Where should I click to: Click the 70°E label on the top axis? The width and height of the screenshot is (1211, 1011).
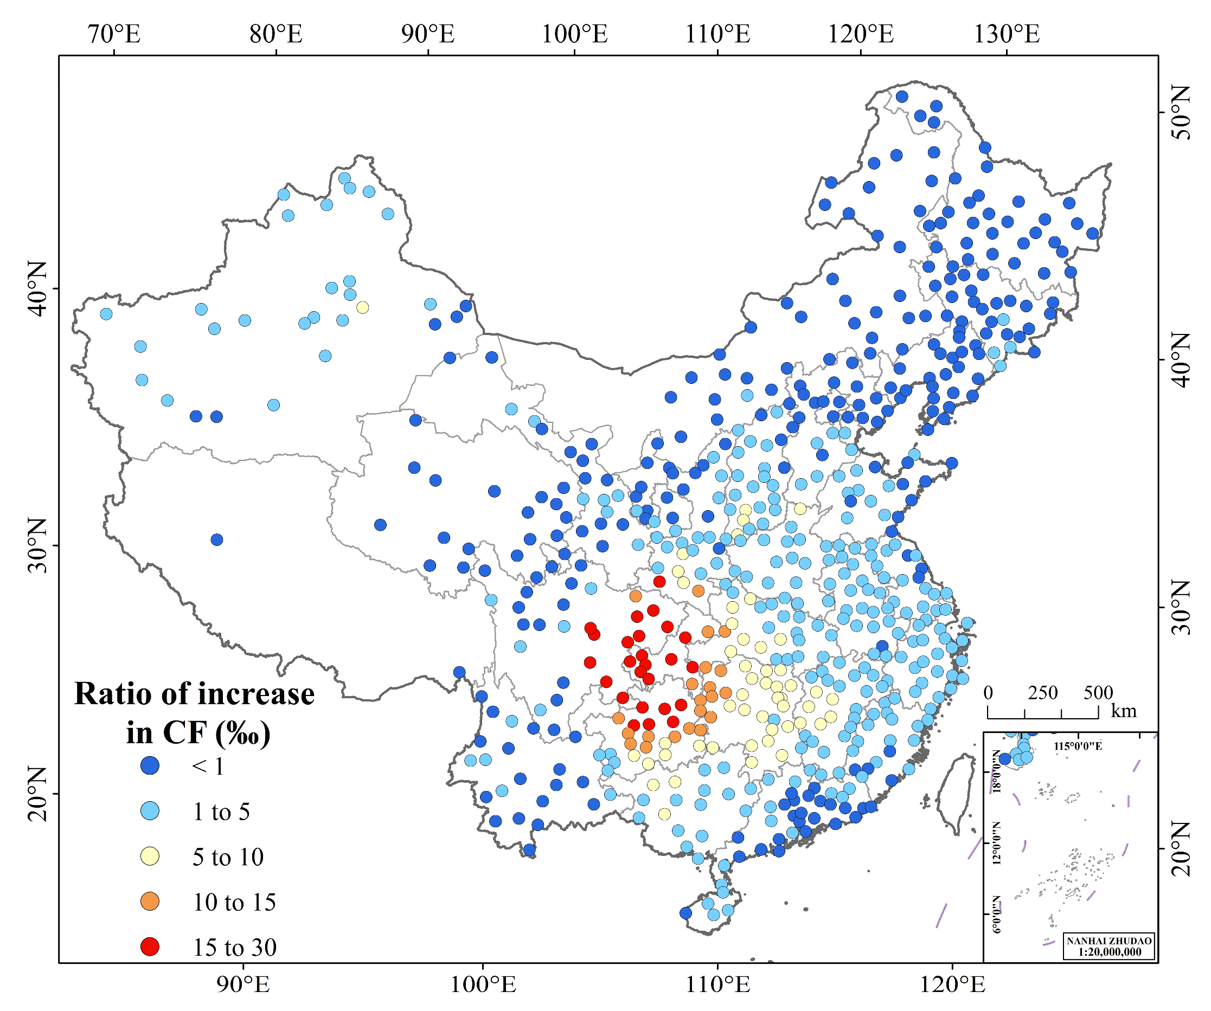[114, 35]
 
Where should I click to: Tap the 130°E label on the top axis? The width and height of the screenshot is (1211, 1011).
[1007, 35]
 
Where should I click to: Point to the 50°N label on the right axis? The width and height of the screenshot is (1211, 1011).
[1180, 113]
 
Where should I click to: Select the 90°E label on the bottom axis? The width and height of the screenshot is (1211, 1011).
[244, 984]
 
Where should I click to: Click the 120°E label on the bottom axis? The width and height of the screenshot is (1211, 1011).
[952, 984]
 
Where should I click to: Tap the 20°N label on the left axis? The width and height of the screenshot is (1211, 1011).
[37, 794]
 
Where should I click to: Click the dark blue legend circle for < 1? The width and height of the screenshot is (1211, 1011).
[150, 765]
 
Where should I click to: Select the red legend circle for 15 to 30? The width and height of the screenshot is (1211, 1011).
[150, 946]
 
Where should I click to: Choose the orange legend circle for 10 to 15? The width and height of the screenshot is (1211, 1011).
[150, 901]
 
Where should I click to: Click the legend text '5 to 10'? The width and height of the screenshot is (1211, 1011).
[228, 857]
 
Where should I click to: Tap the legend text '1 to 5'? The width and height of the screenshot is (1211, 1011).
[221, 812]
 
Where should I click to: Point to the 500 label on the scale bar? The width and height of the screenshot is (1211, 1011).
[1098, 693]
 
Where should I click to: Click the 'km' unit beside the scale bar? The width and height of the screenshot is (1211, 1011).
[1124, 711]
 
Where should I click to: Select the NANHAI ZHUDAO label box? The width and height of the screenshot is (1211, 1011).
[1110, 946]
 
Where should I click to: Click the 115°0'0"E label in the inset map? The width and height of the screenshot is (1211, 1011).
[1078, 746]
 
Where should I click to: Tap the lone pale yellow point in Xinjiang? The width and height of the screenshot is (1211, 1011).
[362, 307]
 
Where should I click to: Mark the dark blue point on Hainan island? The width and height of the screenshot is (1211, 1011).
[685, 913]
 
